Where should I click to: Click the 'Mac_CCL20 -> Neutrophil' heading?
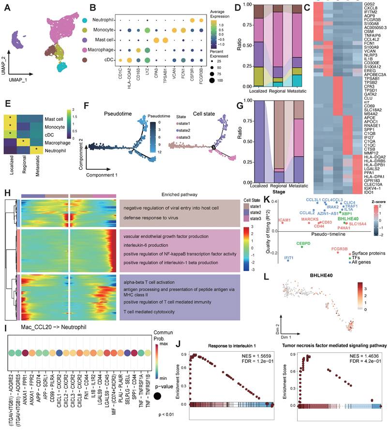coord(46,328)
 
